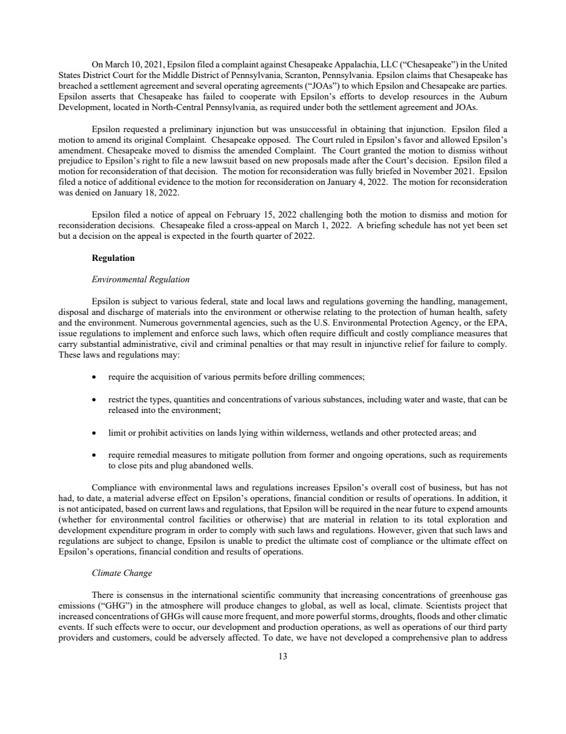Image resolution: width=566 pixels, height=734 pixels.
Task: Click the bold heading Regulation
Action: (x=113, y=258)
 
